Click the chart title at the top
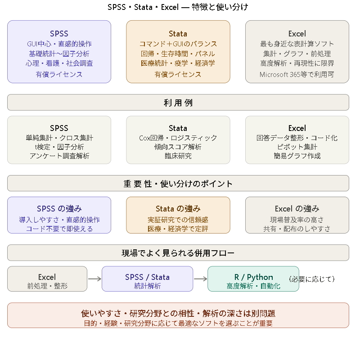[178, 7]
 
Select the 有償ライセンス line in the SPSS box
[59, 74]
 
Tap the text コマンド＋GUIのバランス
[178, 44]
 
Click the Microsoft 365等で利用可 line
[297, 74]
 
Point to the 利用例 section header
[178, 103]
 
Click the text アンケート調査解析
[59, 156]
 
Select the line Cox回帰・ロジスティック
[178, 138]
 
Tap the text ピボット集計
[297, 147]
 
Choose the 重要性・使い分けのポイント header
[178, 184]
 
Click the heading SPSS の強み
[59, 209]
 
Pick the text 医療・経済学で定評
[178, 229]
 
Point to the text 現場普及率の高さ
[297, 220]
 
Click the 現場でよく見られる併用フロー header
[178, 253]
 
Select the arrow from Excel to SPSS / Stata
[94, 279]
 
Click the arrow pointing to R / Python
[200, 279]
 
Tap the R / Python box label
[253, 277]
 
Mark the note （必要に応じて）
[312, 279]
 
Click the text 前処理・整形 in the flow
[47, 286]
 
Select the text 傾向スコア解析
[178, 147]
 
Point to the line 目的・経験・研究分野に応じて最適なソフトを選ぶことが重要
[178, 323]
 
